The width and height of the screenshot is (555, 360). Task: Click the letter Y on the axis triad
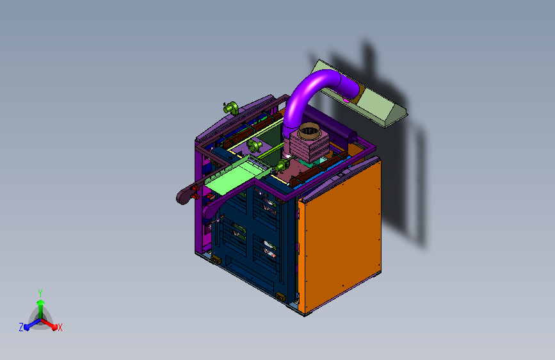[40, 293]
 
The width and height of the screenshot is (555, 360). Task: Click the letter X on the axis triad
[60, 327]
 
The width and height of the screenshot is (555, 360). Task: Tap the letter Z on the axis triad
[21, 327]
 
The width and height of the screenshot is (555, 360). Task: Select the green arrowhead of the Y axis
[40, 302]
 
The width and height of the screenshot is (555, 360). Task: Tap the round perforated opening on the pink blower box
[309, 131]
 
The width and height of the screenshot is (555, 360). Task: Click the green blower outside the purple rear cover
[231, 108]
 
